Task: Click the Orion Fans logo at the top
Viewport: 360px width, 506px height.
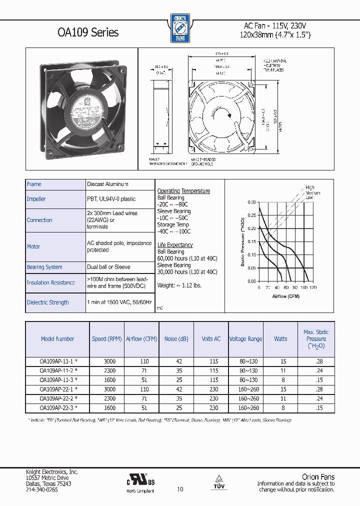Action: click(x=179, y=28)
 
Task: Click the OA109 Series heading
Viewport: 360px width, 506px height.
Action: click(x=88, y=32)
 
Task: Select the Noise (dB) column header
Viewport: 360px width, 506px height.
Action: click(x=176, y=339)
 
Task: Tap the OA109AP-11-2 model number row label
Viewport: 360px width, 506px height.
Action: click(x=58, y=371)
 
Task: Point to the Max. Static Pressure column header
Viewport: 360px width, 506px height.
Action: click(x=316, y=339)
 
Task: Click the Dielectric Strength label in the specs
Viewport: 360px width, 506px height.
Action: click(x=48, y=302)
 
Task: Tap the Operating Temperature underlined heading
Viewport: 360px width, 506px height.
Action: click(x=183, y=191)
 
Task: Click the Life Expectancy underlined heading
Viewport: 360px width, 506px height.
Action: click(x=175, y=245)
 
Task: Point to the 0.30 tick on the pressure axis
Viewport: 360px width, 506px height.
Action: click(x=251, y=202)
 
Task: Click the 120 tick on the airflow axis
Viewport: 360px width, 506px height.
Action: click(x=313, y=288)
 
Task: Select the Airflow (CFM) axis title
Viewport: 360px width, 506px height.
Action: click(x=286, y=296)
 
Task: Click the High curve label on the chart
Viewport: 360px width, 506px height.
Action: click(x=310, y=187)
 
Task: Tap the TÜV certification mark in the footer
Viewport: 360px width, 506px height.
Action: click(x=218, y=481)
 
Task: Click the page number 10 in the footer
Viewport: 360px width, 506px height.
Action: click(x=180, y=489)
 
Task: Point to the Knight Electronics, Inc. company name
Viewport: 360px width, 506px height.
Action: click(x=52, y=472)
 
